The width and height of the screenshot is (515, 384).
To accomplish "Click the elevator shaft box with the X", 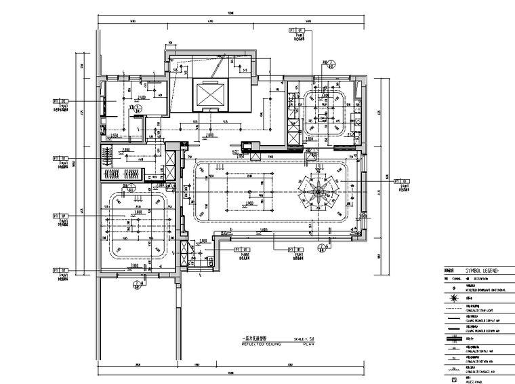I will pyautogui.click(x=207, y=94).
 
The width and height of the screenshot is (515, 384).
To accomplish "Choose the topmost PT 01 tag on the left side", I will pyautogui.click(x=62, y=103).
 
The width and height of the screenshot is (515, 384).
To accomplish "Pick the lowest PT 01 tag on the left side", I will pyautogui.click(x=62, y=271).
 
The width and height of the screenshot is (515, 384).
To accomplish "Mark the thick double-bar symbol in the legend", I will pyautogui.click(x=452, y=338).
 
